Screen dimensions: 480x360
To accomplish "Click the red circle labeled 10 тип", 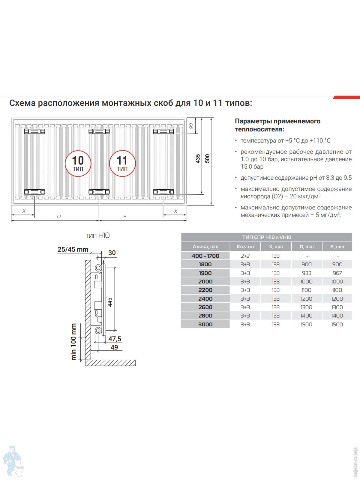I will click(78, 163).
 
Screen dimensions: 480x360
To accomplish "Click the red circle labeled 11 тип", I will click(122, 163).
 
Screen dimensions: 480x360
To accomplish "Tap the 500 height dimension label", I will click(207, 158).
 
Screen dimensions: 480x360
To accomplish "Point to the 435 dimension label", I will click(198, 158).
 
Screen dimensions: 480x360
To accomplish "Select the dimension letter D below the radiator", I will click(59, 216).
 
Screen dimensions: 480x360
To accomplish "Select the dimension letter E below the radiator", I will click(125, 216).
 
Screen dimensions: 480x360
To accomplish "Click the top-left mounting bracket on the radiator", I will click(34, 131).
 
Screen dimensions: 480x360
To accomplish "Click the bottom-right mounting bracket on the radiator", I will click(163, 192).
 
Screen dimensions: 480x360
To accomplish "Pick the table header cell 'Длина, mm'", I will click(205, 247).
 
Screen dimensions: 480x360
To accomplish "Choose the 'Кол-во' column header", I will click(245, 247).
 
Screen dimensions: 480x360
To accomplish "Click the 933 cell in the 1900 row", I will click(306, 273).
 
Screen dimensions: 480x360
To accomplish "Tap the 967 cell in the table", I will click(337, 273).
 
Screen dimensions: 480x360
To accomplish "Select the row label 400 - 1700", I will click(205, 256).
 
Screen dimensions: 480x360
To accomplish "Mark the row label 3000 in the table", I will click(205, 324).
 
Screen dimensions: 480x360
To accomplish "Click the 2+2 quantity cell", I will click(245, 256).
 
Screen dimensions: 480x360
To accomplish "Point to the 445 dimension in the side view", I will click(110, 302).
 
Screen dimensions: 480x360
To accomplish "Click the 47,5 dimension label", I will click(115, 339).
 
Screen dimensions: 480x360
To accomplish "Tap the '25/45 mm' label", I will click(73, 249).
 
